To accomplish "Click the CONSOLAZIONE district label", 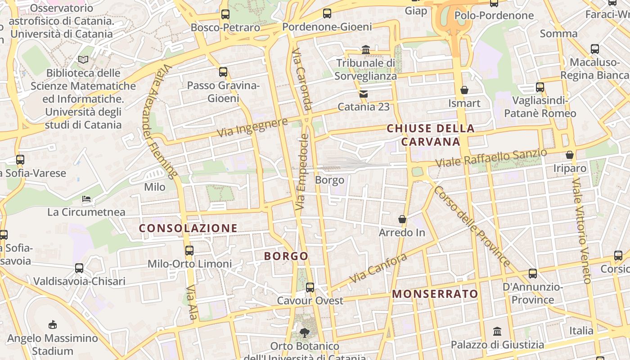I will click(188, 228).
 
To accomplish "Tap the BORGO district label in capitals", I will click(286, 256).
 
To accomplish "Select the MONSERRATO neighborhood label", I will click(435, 294).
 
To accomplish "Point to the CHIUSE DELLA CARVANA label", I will click(431, 135).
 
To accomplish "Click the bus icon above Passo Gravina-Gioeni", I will click(223, 72).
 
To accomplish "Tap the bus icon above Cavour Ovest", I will click(310, 288).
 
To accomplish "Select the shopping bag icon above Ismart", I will click(464, 90).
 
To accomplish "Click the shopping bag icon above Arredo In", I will click(402, 220).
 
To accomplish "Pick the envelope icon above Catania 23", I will click(363, 94).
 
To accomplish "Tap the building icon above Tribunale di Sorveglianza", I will click(365, 49).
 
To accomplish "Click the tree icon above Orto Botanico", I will click(305, 333).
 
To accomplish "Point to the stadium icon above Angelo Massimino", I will click(53, 324).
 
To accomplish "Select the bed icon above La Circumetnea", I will click(86, 199).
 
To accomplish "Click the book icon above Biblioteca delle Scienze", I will click(83, 59).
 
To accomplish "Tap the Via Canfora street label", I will click(378, 268).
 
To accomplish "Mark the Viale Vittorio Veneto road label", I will click(581, 229).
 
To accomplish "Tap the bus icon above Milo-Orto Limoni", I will click(189, 251).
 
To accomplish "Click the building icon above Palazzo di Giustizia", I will click(497, 332).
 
